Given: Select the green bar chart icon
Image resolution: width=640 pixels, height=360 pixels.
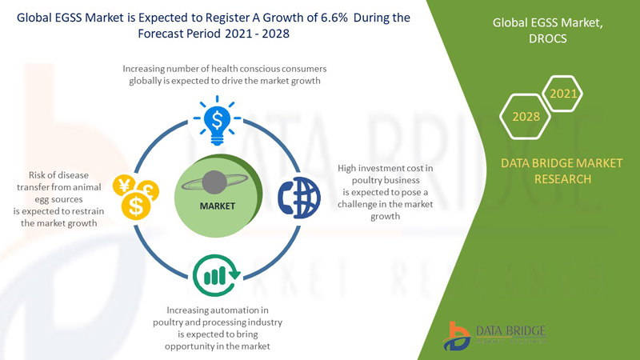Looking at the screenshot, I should pyautogui.click(x=214, y=274).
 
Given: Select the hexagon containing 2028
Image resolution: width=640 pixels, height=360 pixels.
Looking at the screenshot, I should pyautogui.click(x=526, y=117).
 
